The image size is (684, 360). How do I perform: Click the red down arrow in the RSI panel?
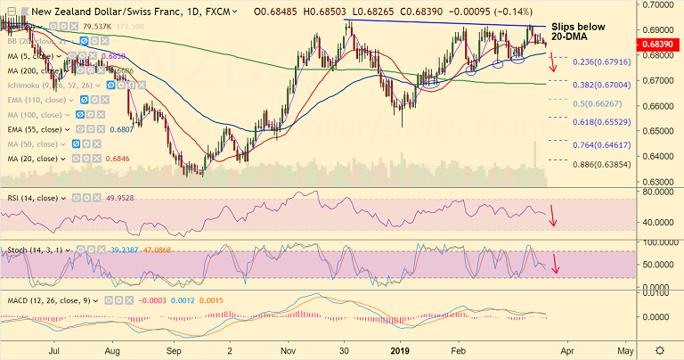tap(554, 215)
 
